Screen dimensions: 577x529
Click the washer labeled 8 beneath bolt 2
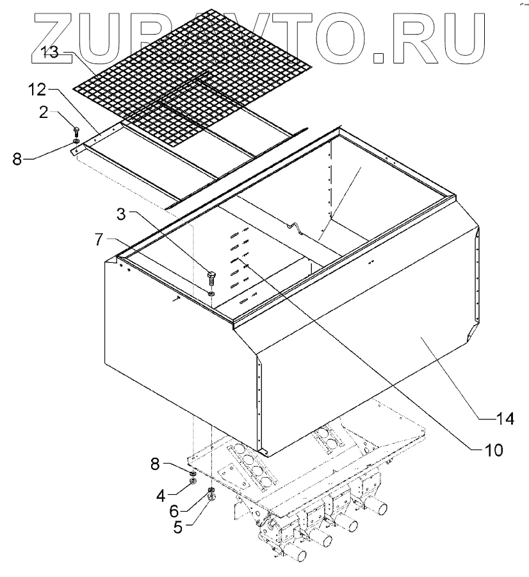point(76,141)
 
